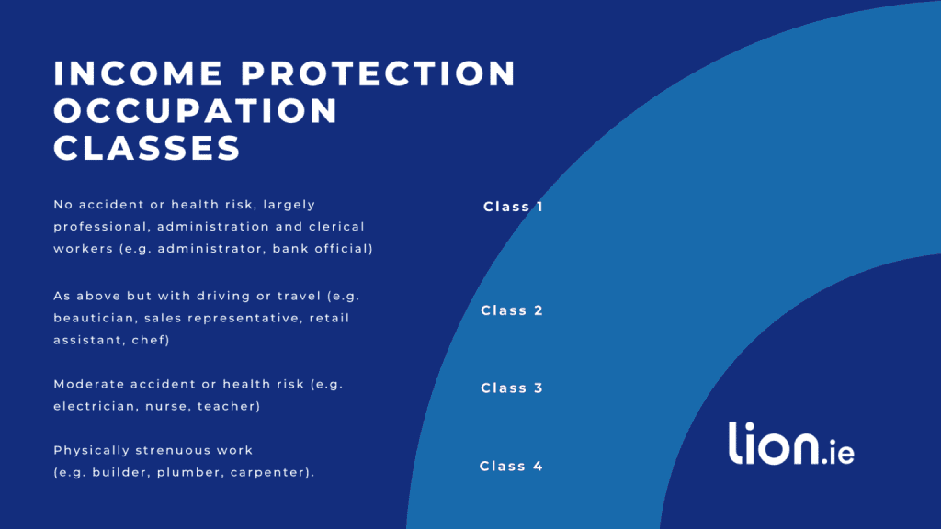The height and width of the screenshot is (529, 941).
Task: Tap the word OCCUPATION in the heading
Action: point(197,111)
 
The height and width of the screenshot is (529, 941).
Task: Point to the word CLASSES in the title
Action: point(147,148)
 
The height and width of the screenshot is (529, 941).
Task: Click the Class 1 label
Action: point(513,207)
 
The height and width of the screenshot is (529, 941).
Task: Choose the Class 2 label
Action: point(512,310)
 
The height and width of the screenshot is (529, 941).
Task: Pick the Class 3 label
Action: point(512,388)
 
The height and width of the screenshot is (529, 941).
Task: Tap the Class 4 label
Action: point(511,467)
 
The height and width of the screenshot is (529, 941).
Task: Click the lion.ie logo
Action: point(791,444)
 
